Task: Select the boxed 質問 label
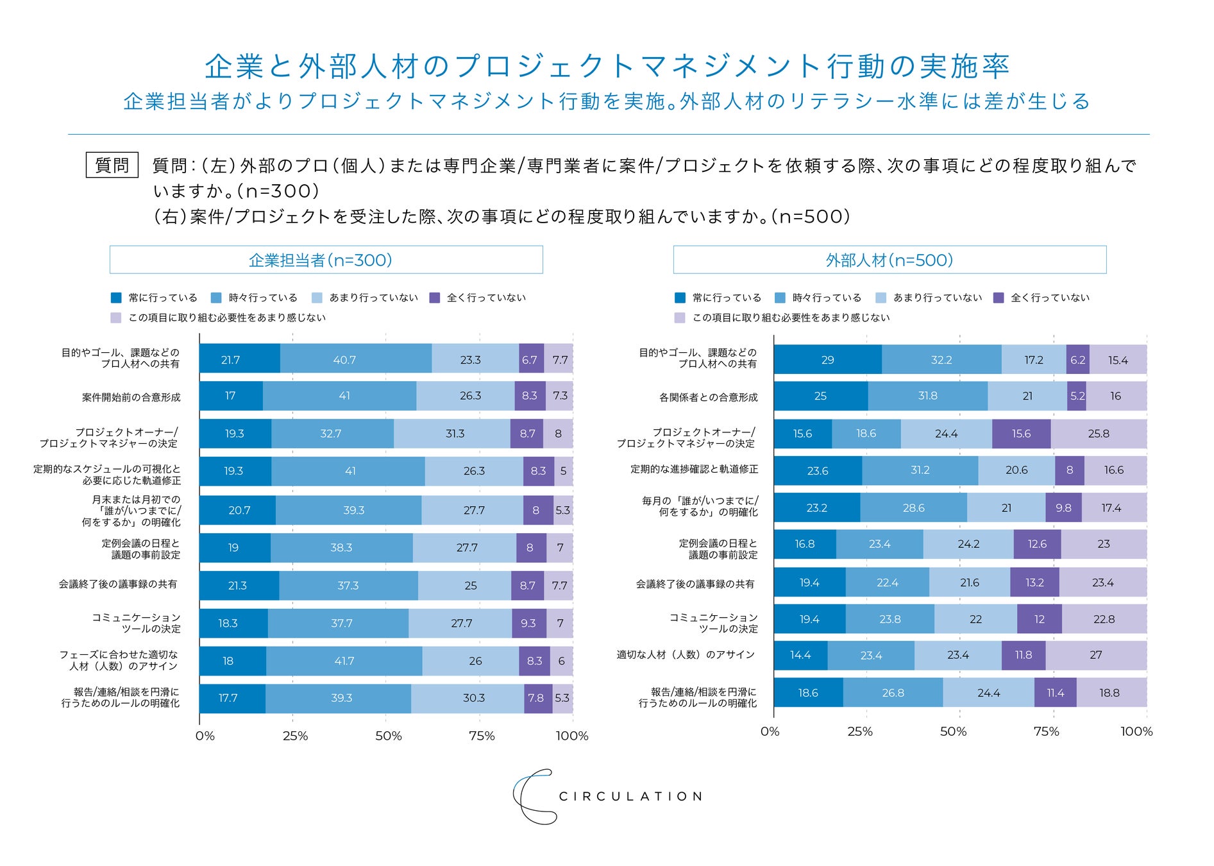click(112, 166)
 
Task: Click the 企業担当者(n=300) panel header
click(326, 260)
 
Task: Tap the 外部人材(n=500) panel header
click(889, 260)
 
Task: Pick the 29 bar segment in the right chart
click(827, 360)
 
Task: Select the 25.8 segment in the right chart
click(1099, 434)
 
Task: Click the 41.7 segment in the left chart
click(344, 661)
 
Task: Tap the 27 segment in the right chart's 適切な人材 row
click(1096, 655)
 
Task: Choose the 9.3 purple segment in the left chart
click(529, 623)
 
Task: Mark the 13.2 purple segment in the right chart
click(1034, 582)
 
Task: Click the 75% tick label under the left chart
click(482, 736)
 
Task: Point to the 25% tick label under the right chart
click(860, 731)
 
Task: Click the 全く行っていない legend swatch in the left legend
click(435, 298)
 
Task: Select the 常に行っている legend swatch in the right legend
click(680, 298)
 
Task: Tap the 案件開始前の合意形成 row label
click(131, 397)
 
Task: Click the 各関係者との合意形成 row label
click(709, 397)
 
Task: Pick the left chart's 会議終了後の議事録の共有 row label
click(118, 584)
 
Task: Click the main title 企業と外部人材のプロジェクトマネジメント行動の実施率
click(607, 67)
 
